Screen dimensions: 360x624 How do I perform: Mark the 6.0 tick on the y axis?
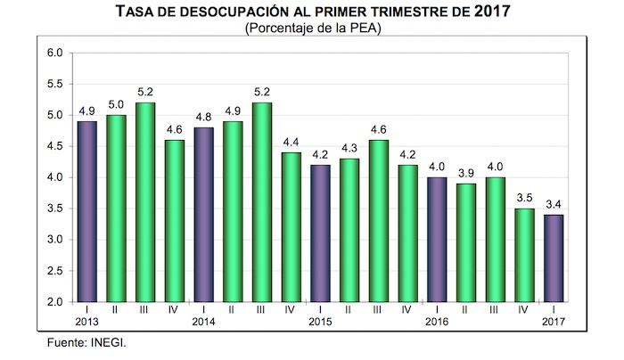click(x=54, y=53)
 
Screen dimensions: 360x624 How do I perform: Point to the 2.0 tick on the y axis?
click(x=54, y=303)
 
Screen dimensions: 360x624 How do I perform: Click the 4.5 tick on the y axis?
click(x=54, y=147)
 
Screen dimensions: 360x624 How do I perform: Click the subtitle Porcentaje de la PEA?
click(x=311, y=30)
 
